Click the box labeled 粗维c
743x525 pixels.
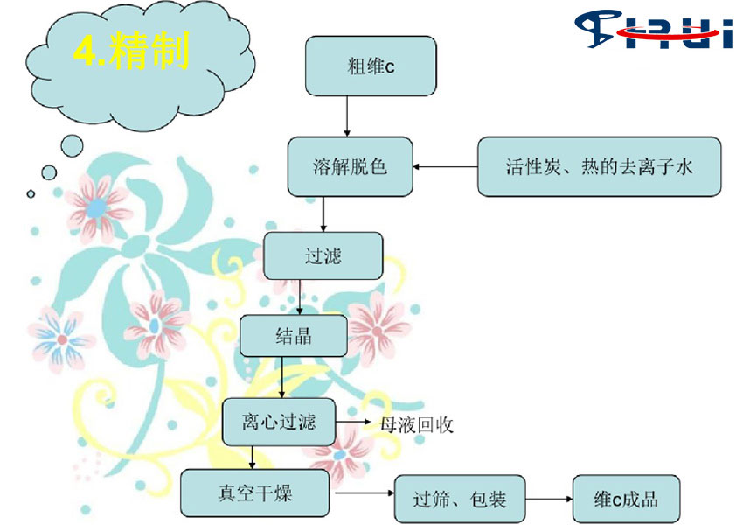(x=371, y=66)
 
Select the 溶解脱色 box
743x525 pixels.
(x=351, y=166)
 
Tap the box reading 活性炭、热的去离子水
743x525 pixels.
(x=600, y=166)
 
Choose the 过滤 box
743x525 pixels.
(x=323, y=256)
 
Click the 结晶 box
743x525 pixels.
(x=294, y=336)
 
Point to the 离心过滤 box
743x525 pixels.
(x=279, y=422)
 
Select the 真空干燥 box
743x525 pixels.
(x=255, y=493)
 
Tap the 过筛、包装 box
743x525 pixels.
(x=460, y=500)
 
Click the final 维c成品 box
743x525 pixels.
(x=627, y=500)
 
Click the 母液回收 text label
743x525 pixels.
(x=416, y=425)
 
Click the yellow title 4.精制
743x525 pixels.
(x=131, y=50)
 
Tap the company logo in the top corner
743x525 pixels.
(x=654, y=30)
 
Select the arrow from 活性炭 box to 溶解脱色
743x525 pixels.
(x=446, y=166)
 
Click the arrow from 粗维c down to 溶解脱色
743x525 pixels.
(x=347, y=116)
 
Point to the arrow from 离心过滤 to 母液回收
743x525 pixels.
(x=353, y=421)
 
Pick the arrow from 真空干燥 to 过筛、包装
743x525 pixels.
(x=365, y=493)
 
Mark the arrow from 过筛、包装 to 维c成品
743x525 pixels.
(x=549, y=499)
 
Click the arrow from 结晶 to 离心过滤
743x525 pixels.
(x=282, y=377)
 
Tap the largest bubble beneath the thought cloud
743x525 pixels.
(x=72, y=145)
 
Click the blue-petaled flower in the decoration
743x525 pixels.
(x=61, y=339)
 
